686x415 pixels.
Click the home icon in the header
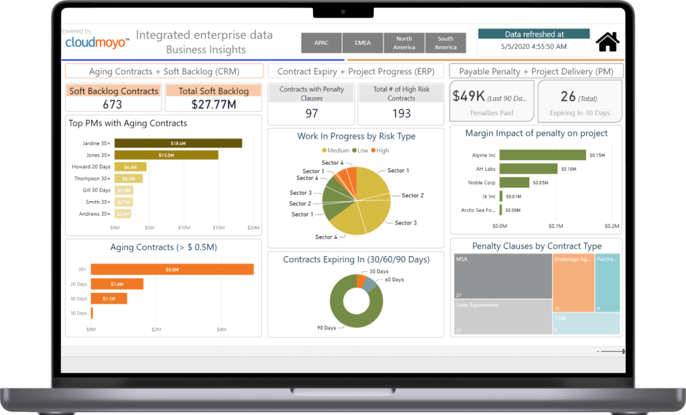tap(607, 42)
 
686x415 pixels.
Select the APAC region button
tap(321, 43)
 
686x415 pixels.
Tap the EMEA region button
tap(362, 43)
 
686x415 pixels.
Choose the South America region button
tap(445, 43)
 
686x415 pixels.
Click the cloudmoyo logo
tap(96, 42)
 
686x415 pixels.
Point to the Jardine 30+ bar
tap(178, 143)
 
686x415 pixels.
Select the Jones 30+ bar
tap(166, 155)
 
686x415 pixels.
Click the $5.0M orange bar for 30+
tap(172, 270)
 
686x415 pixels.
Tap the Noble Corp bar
tap(514, 182)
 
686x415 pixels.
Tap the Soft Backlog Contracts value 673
tap(113, 104)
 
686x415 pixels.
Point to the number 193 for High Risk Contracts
tap(401, 114)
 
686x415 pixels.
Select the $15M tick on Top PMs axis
tap(218, 228)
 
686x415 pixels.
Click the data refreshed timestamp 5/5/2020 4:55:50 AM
tap(533, 47)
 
